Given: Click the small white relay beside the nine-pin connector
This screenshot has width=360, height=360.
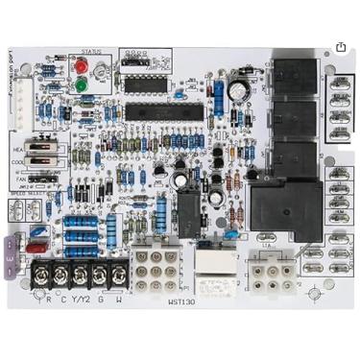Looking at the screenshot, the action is pyautogui.click(x=209, y=260).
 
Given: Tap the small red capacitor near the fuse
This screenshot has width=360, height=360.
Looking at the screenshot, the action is pyautogui.click(x=37, y=232).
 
